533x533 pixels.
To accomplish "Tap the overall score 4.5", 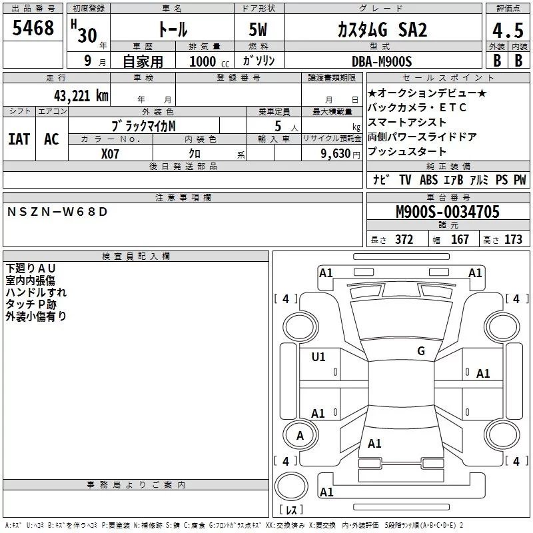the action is point(506,31).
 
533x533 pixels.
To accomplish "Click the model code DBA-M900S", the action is point(382,61).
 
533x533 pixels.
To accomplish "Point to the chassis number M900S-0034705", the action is point(447,212).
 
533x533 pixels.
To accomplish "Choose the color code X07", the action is point(111,153).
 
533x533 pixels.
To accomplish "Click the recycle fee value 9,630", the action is point(333,153).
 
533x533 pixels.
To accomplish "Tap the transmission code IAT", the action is point(19,139).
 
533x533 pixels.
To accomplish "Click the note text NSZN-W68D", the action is point(57,212).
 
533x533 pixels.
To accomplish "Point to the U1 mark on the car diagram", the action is point(318,357).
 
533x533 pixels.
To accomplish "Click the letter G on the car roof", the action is point(420,351).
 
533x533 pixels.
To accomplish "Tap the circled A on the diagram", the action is point(300,436).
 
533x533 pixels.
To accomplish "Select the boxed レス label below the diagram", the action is point(291,510).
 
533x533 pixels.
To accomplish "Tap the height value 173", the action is point(513,240).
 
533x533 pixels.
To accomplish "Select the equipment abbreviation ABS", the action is point(429,180).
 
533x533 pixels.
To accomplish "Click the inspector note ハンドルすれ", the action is point(36,292).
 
